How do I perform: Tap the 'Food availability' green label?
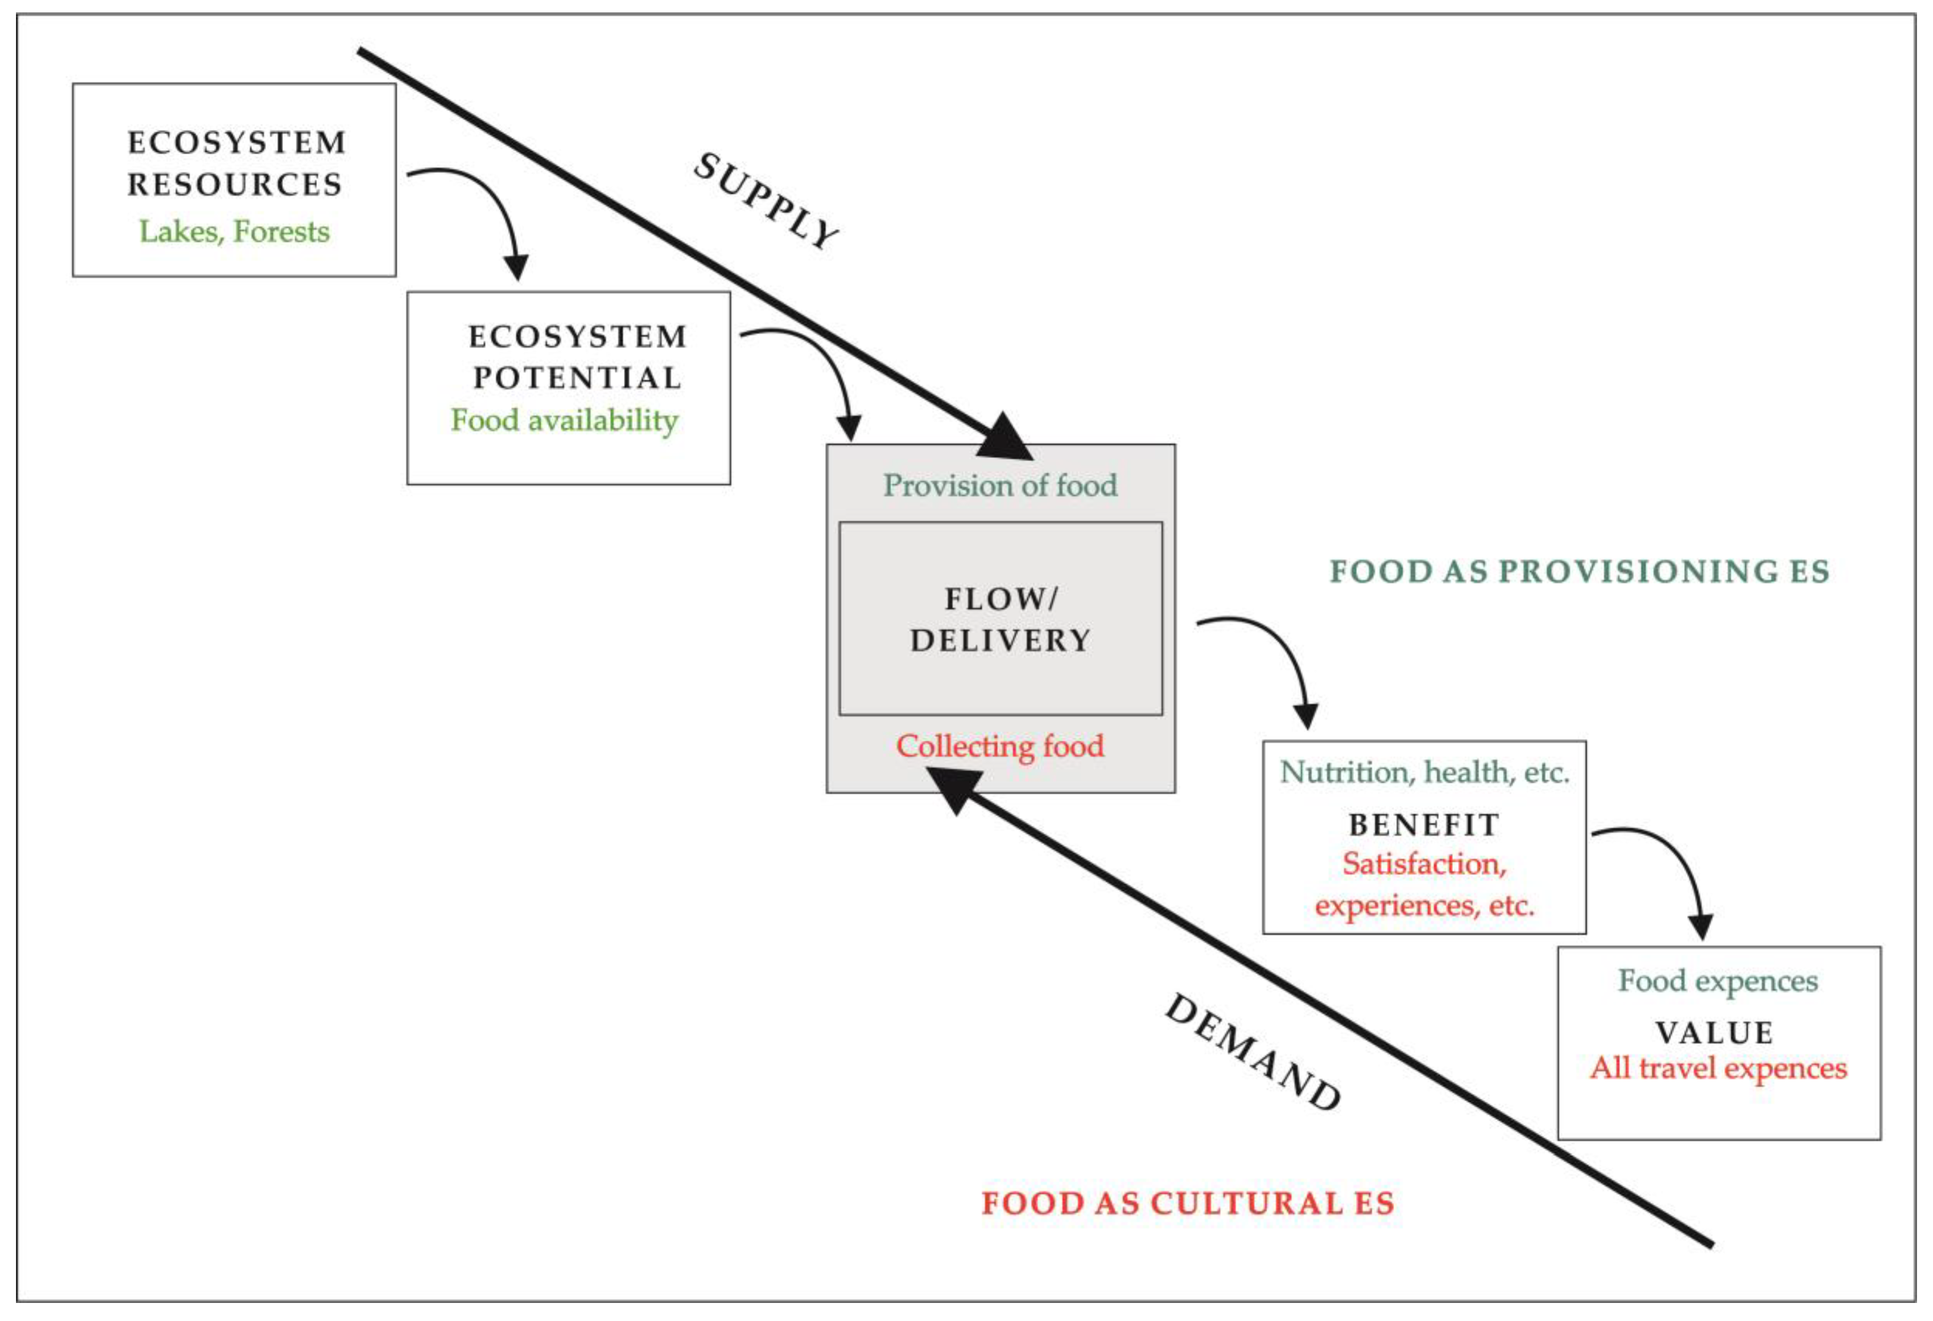(564, 420)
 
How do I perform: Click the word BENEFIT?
(1424, 825)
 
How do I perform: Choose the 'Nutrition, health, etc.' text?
(1424, 773)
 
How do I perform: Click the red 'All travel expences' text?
(1719, 1068)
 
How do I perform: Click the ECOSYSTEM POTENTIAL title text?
(577, 357)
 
